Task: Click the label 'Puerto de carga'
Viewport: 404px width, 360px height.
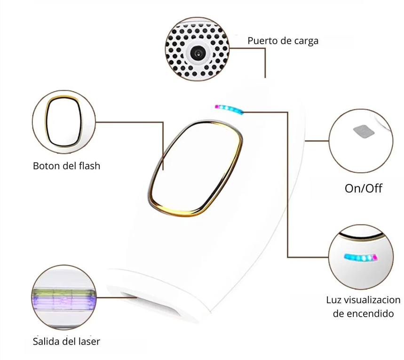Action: point(283,41)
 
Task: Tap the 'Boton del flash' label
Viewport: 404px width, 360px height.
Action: point(66,166)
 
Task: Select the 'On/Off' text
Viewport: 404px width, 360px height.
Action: point(363,188)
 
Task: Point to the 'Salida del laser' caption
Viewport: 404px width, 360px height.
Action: point(66,341)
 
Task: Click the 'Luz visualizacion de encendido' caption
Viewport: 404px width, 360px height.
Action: point(363,306)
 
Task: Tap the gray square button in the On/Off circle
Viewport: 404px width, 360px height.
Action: point(363,131)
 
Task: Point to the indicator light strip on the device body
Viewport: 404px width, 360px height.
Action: point(229,109)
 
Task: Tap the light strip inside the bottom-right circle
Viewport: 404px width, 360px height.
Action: point(361,258)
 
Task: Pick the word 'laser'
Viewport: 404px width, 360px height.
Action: point(88,341)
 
